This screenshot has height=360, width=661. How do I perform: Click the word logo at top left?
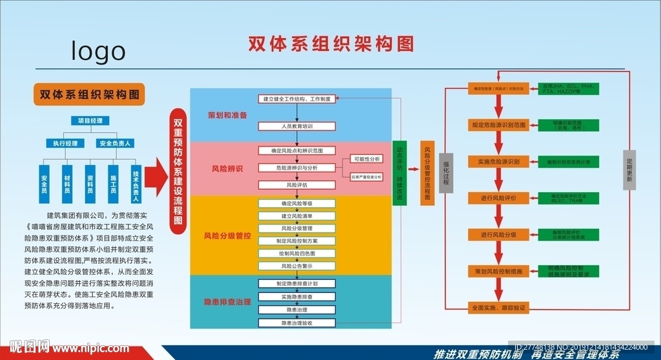(x=98, y=50)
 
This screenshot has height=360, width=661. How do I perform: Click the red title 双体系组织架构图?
(x=331, y=43)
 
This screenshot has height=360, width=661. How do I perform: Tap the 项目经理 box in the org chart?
(x=90, y=121)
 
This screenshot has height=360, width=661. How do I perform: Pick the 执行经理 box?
(x=65, y=143)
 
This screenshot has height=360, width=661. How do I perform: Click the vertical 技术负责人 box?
(x=136, y=183)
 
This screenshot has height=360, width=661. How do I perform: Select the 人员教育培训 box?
(x=297, y=126)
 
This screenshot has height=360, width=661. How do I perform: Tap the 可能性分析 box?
(x=366, y=159)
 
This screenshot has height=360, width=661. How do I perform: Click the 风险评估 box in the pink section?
(x=297, y=185)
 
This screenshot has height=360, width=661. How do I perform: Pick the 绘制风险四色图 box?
(x=297, y=253)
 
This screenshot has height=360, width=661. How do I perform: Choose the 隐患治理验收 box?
(x=297, y=323)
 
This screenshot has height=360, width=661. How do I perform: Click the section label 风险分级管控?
(x=227, y=236)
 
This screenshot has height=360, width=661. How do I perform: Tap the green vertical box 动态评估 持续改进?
(x=400, y=172)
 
